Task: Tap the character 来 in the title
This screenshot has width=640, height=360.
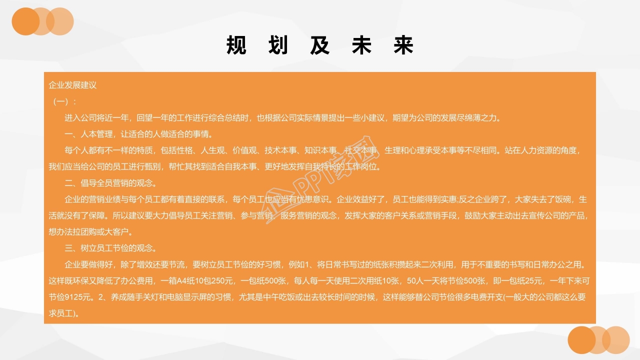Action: pyautogui.click(x=403, y=45)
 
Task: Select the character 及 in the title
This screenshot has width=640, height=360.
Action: pyautogui.click(x=320, y=45)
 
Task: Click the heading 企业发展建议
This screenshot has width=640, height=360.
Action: pyautogui.click(x=72, y=85)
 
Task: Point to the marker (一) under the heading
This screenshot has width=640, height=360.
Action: pyautogui.click(x=62, y=101)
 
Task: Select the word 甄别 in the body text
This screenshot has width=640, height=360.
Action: pyautogui.click(x=153, y=166)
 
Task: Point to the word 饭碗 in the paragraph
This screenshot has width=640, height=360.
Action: pyautogui.click(x=562, y=199)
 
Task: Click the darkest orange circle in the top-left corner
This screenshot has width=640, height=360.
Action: pyautogui.click(x=25, y=21)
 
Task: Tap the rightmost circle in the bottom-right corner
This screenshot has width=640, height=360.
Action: pyautogui.click(x=615, y=340)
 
